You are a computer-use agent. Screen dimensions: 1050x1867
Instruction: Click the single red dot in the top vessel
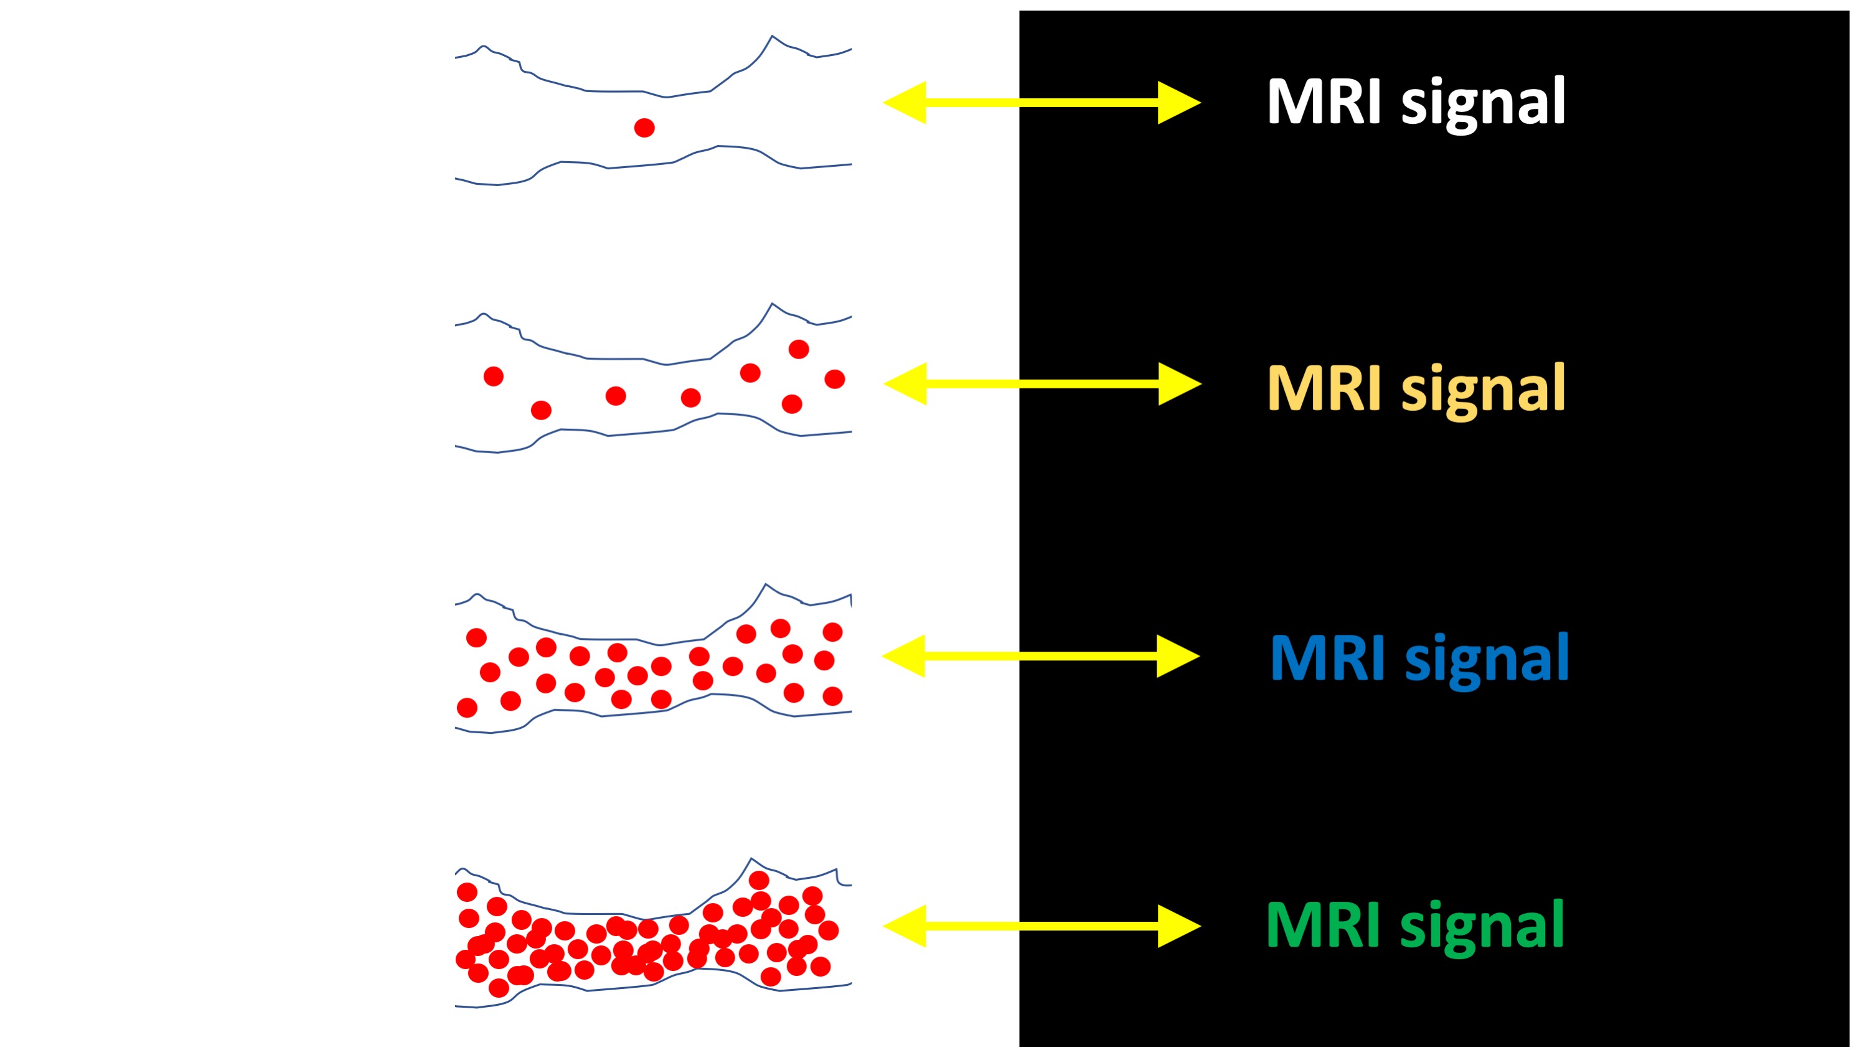(x=644, y=128)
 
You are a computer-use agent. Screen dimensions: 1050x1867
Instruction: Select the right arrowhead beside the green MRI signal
(x=1179, y=926)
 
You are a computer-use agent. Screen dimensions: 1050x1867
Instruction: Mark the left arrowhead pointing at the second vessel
(x=905, y=384)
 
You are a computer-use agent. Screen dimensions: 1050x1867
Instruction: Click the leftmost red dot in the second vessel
(x=494, y=377)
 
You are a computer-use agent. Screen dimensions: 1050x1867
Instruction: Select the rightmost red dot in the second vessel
(x=834, y=379)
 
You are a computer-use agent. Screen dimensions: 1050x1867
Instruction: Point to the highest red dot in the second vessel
(x=799, y=350)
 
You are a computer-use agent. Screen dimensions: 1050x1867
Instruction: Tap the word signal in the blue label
(x=1487, y=659)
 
